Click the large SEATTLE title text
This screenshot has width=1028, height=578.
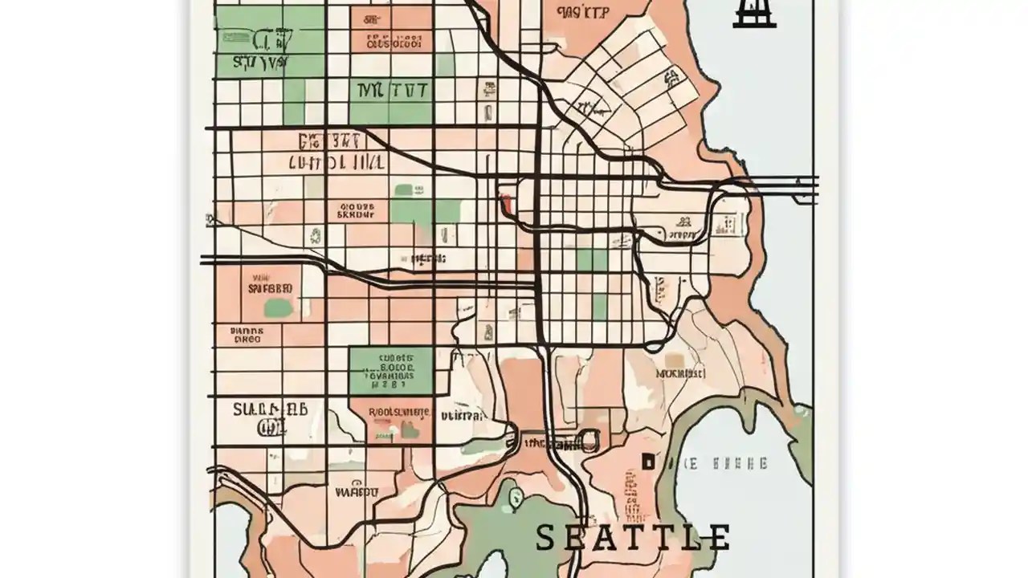pyautogui.click(x=633, y=537)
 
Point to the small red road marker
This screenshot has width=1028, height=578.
pyautogui.click(x=506, y=199)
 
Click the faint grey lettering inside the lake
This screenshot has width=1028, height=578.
pyautogui.click(x=727, y=463)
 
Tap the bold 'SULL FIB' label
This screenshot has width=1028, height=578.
pyautogui.click(x=271, y=409)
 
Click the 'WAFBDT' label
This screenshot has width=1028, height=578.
pyautogui.click(x=356, y=490)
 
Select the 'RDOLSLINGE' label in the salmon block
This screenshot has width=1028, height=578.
pyautogui.click(x=398, y=413)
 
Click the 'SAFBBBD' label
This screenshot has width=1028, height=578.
pyautogui.click(x=270, y=287)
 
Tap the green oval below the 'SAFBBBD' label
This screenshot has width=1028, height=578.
pyautogui.click(x=278, y=307)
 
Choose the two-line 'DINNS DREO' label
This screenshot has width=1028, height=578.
pyautogui.click(x=246, y=334)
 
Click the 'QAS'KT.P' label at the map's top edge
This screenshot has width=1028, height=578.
pyautogui.click(x=582, y=12)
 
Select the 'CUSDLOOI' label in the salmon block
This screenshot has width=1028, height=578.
pyautogui.click(x=394, y=41)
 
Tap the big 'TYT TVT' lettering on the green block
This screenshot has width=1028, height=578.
pyautogui.click(x=391, y=91)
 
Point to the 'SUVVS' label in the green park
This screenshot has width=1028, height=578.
pyautogui.click(x=260, y=62)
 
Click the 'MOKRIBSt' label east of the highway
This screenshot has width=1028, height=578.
pyautogui.click(x=680, y=373)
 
